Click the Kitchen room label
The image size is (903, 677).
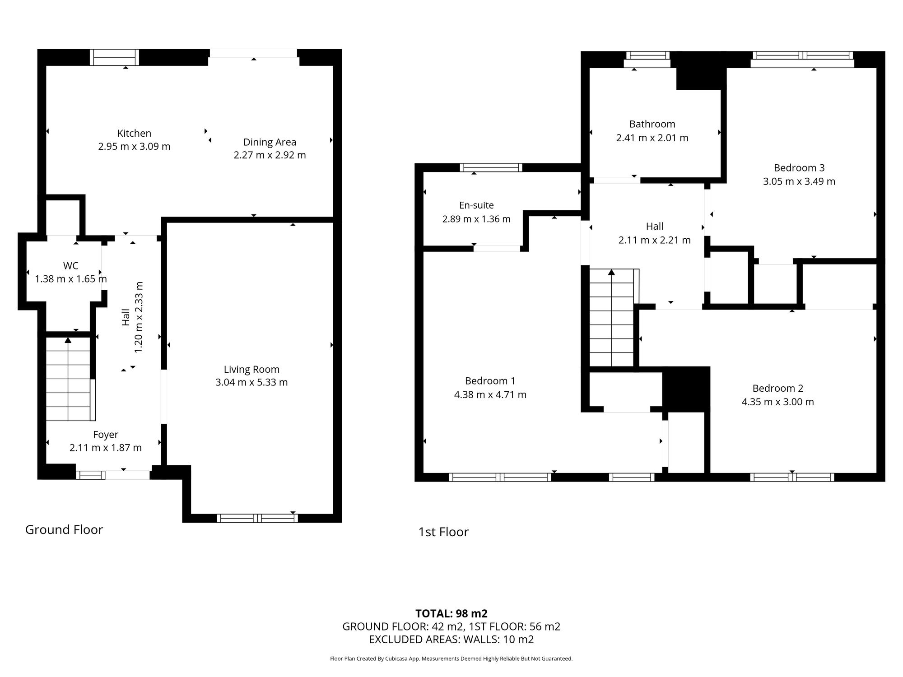(x=134, y=133)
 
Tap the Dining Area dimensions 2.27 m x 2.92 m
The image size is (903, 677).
(x=270, y=155)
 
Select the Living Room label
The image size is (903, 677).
(x=251, y=369)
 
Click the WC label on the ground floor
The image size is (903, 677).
(x=70, y=266)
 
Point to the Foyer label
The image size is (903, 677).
(x=106, y=435)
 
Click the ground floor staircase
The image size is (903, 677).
(x=69, y=380)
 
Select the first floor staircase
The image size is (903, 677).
(x=612, y=318)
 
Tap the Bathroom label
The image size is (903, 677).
(x=652, y=124)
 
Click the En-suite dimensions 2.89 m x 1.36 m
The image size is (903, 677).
(x=476, y=219)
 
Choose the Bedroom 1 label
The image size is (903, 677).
(x=490, y=381)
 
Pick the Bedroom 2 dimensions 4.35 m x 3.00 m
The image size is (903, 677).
(x=777, y=402)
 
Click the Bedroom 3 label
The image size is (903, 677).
(x=799, y=168)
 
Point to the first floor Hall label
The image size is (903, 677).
(x=654, y=227)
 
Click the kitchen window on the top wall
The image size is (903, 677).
(x=114, y=57)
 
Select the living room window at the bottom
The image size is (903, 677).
(x=257, y=518)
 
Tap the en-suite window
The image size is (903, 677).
(x=491, y=167)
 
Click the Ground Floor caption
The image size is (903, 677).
(x=64, y=529)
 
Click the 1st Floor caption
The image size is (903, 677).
(x=443, y=532)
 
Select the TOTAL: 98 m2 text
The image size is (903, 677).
(x=451, y=613)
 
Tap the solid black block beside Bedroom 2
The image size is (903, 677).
(x=686, y=389)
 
